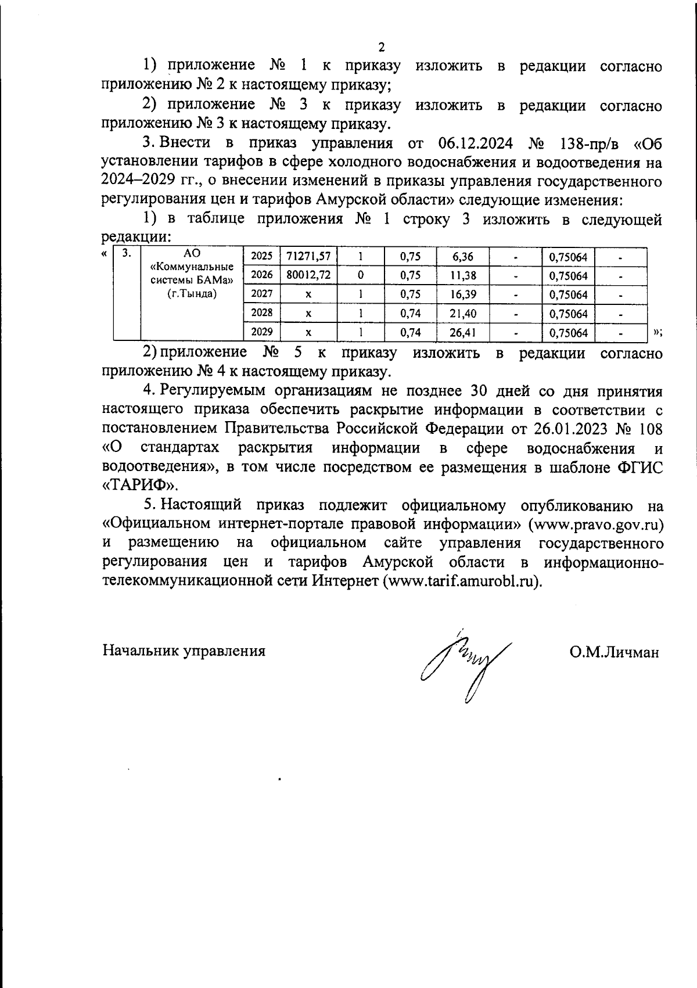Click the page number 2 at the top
click(x=382, y=47)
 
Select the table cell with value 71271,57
click(x=308, y=257)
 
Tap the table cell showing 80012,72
click(x=308, y=275)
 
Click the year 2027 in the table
click(x=261, y=294)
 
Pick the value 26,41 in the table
click(x=462, y=333)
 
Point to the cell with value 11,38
click(x=462, y=275)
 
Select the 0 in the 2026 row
click(x=361, y=275)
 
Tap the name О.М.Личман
click(x=614, y=652)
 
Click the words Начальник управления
click(x=184, y=651)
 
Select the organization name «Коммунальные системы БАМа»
click(x=192, y=274)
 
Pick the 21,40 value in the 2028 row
click(x=462, y=314)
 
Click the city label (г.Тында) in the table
click(x=192, y=294)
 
